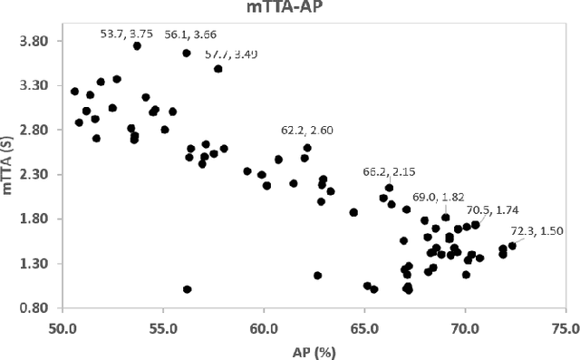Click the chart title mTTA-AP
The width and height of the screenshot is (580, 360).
click(289, 9)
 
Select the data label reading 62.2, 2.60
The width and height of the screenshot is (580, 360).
click(306, 131)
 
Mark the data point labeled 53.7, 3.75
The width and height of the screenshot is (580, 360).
click(137, 45)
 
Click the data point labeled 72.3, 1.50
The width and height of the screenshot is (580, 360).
click(512, 246)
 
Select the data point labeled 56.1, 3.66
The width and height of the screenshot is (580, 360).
click(186, 54)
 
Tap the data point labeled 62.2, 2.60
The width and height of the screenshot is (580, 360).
click(307, 148)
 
